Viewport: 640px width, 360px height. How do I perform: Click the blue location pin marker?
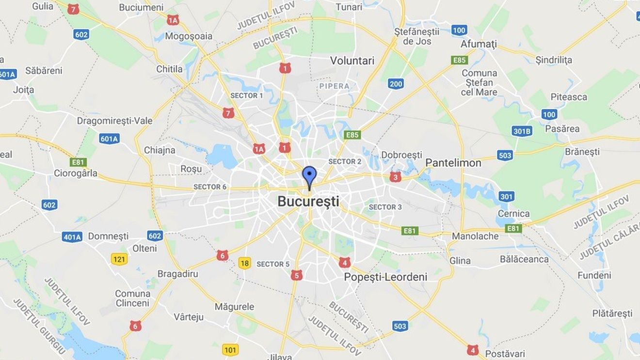[309, 175]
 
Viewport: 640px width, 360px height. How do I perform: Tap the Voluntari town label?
[352, 61]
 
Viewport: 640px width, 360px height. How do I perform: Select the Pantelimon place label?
[453, 163]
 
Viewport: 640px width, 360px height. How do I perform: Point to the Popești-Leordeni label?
[385, 277]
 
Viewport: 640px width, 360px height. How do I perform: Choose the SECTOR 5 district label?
[273, 264]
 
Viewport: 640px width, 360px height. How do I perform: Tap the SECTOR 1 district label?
[247, 95]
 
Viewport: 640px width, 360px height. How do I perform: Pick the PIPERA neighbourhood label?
[334, 86]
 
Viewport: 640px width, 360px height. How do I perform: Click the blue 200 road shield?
[396, 84]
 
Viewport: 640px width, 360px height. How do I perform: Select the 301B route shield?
[522, 131]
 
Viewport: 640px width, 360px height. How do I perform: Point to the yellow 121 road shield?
[119, 259]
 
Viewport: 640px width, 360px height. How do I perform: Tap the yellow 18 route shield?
[244, 263]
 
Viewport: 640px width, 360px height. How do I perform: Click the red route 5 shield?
[296, 275]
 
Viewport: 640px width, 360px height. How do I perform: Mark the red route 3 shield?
[395, 177]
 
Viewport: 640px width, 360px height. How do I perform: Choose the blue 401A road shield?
[72, 237]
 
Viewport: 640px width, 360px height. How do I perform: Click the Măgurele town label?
[234, 307]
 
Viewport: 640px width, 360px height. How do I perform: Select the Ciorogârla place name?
[76, 173]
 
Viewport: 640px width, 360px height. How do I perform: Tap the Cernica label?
[513, 214]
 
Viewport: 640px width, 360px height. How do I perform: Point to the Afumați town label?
[479, 44]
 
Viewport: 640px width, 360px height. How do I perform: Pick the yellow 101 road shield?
[230, 349]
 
